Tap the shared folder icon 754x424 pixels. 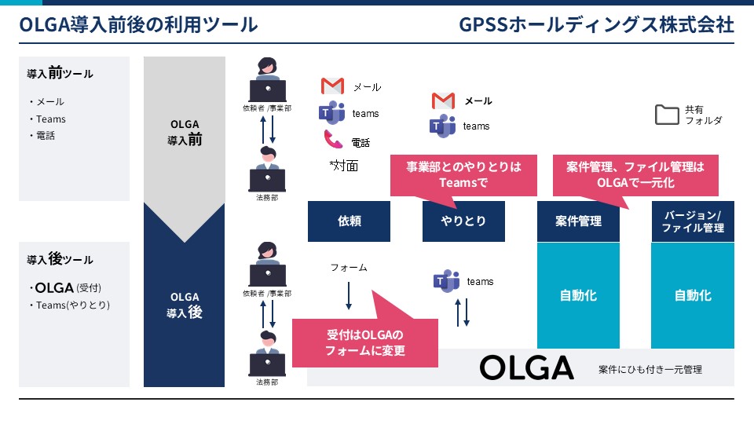[x=667, y=115]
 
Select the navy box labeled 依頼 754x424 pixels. [x=349, y=221]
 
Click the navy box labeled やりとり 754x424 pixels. [x=463, y=221]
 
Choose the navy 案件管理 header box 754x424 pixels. [x=578, y=221]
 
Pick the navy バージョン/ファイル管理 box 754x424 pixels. [x=693, y=221]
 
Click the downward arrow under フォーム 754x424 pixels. [x=349, y=296]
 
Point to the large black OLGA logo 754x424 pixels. [x=526, y=367]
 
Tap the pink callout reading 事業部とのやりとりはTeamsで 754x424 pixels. [x=463, y=175]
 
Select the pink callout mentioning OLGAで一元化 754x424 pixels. [x=635, y=175]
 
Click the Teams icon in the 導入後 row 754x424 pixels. [x=446, y=281]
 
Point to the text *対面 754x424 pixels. [x=344, y=166]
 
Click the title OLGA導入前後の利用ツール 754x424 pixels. [x=138, y=24]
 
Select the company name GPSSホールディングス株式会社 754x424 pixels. [x=596, y=24]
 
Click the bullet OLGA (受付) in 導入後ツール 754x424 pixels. [x=65, y=288]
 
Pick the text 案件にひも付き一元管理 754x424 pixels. [x=650, y=369]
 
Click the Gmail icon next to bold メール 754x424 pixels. [x=443, y=101]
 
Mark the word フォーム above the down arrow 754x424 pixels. [x=349, y=268]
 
